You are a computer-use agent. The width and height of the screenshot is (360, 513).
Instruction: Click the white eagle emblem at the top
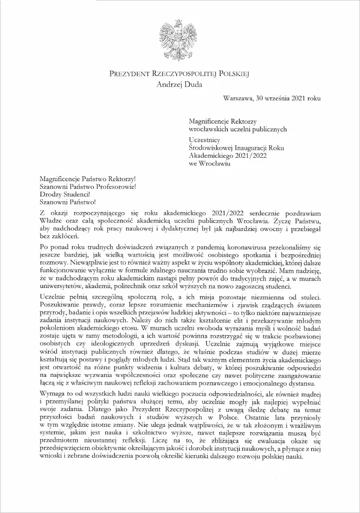pyautogui.click(x=179, y=38)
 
